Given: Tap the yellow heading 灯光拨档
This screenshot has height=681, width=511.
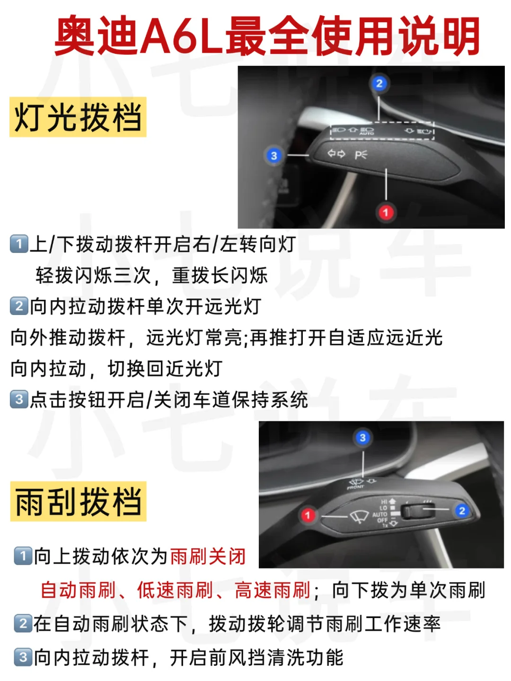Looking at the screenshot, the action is coord(78,117).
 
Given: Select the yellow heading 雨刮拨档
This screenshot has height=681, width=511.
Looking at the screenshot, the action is coord(78,501).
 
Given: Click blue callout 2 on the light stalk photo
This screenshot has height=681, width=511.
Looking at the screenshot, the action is coord(379,83).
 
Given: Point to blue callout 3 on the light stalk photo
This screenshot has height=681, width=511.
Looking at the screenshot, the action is coord(273,156).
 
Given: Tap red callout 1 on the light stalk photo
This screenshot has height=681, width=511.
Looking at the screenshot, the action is coord(386,212).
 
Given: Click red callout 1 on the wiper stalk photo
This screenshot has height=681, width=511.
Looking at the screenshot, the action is coord(308,515).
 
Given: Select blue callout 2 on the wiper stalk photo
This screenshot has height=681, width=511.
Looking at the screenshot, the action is coord(462,510).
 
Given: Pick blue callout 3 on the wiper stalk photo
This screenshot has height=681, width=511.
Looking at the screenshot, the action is coord(362,438).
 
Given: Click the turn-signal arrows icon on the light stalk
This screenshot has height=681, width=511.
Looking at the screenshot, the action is coord(336,153).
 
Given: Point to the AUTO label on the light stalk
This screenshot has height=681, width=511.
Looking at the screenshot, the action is coord(366,134).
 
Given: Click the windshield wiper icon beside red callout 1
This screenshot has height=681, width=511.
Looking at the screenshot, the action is coord(359,516).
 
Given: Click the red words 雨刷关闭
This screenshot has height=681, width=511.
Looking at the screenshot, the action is coord(208,556).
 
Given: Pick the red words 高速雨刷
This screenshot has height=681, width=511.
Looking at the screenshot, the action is coord(273,590).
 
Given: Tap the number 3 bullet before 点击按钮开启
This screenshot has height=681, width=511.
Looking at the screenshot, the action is coord(19,399).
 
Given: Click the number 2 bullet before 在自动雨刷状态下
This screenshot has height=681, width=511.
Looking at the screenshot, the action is coord(23,623).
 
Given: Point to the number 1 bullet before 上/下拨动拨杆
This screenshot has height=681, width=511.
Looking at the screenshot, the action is coord(19,244).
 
